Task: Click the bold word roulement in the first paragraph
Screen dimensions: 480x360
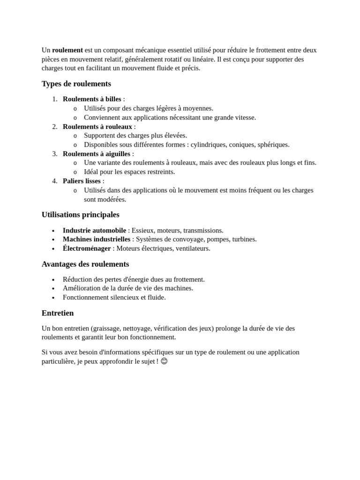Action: point(67,50)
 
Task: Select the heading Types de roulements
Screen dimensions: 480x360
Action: point(76,84)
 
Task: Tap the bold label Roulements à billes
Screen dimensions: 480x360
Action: point(92,99)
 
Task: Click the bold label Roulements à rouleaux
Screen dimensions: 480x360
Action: point(97,127)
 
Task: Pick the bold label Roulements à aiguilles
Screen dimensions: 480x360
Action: point(97,154)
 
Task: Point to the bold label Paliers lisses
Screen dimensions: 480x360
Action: point(82,181)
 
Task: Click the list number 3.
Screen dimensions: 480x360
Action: point(54,154)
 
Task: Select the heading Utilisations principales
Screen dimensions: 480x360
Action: point(81,215)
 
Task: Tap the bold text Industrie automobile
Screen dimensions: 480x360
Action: point(94,230)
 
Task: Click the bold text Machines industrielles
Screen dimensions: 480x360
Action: point(97,239)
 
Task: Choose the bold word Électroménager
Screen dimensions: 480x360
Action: point(87,248)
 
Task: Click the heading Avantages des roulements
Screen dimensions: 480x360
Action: point(85,264)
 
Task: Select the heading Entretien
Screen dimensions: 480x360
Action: point(58,313)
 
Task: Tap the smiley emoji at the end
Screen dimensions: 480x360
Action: point(164,361)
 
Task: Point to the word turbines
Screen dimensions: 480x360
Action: point(244,239)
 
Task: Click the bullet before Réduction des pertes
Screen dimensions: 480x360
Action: point(53,280)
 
